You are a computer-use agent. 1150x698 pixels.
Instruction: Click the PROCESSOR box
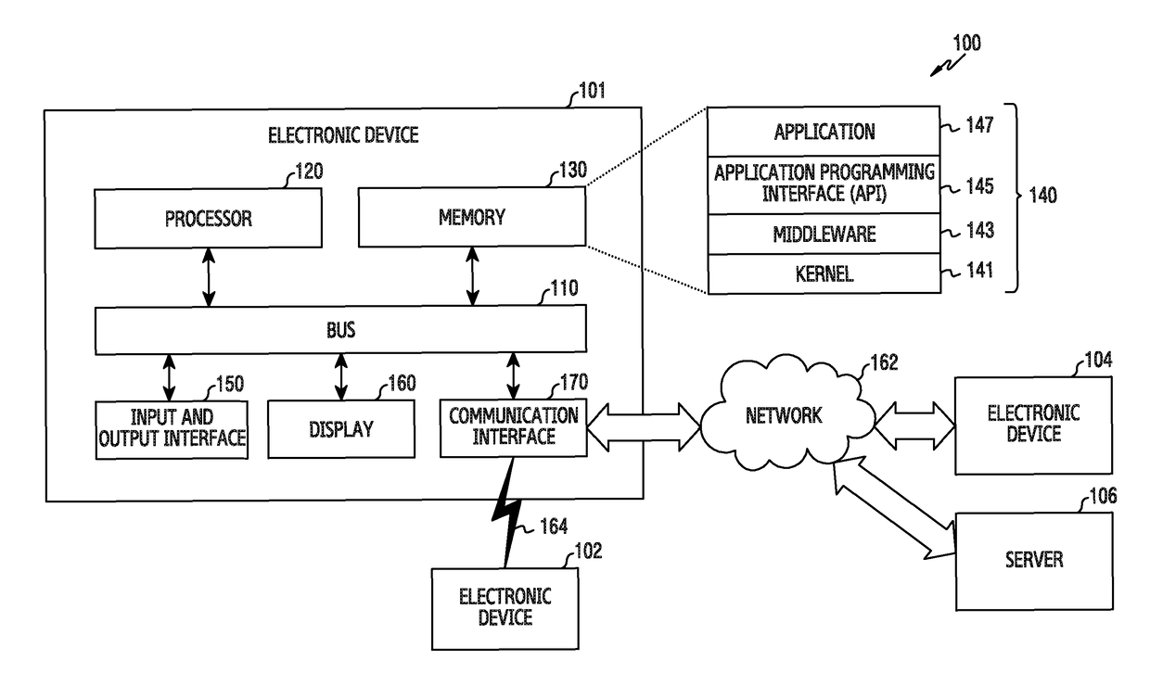pyautogui.click(x=209, y=219)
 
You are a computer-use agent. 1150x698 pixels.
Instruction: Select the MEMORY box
pyautogui.click(x=472, y=218)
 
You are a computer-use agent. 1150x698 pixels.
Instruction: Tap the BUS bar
pyautogui.click(x=340, y=330)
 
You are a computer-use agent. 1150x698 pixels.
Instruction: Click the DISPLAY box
pyautogui.click(x=340, y=429)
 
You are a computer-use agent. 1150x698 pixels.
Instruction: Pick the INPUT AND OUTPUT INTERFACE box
pyautogui.click(x=172, y=429)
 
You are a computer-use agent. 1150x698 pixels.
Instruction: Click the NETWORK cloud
pyautogui.click(x=784, y=415)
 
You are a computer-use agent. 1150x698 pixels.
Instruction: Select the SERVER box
pyautogui.click(x=1033, y=560)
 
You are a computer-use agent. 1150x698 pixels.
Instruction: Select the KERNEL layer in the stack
pyautogui.click(x=824, y=274)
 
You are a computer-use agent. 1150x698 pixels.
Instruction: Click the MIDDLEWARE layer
pyautogui.click(x=824, y=234)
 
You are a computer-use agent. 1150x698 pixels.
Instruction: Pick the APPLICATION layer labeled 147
pyautogui.click(x=824, y=132)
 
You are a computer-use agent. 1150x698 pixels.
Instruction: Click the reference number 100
pyautogui.click(x=965, y=43)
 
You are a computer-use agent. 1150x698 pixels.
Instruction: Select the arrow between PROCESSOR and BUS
pyautogui.click(x=209, y=277)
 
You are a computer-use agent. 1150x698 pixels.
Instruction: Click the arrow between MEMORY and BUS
pyautogui.click(x=473, y=276)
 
